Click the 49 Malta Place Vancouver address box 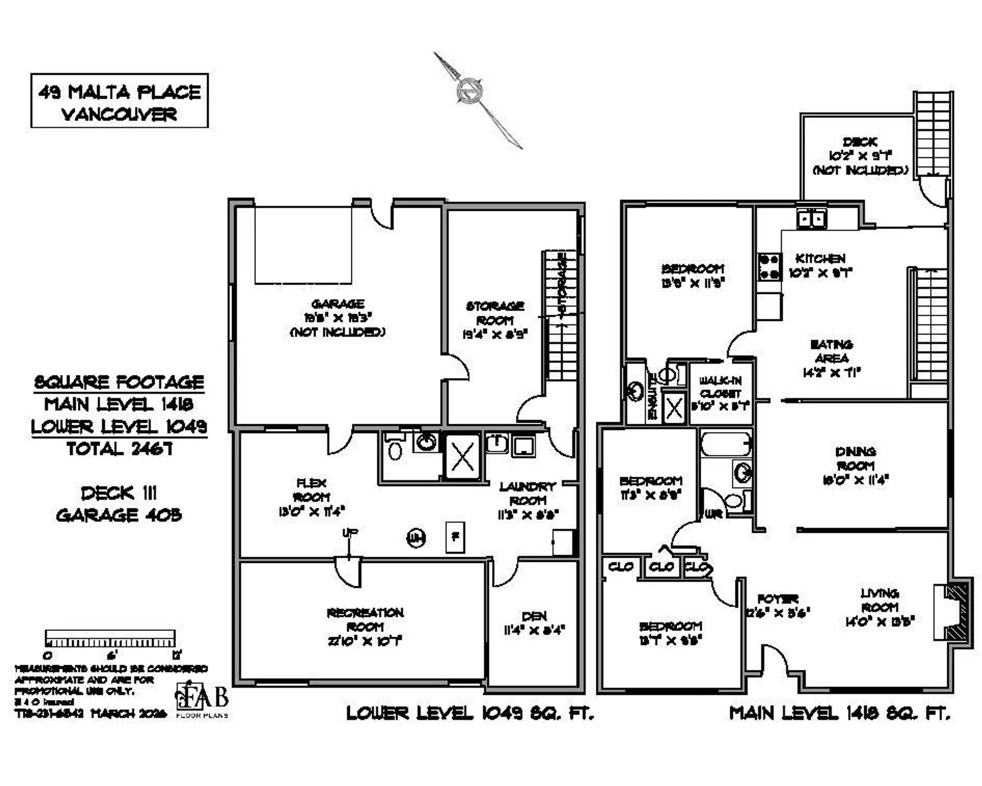pyautogui.click(x=119, y=100)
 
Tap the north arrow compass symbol pyautogui.click(x=470, y=92)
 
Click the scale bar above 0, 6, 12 pyautogui.click(x=110, y=639)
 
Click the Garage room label pyautogui.click(x=338, y=303)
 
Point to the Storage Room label pyautogui.click(x=495, y=313)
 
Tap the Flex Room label pyautogui.click(x=311, y=490)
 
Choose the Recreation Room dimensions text pyautogui.click(x=365, y=641)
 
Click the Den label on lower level pyautogui.click(x=534, y=616)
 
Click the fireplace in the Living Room pyautogui.click(x=952, y=612)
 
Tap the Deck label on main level pyautogui.click(x=860, y=142)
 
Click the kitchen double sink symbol pyautogui.click(x=811, y=219)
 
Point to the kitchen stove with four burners pyautogui.click(x=769, y=267)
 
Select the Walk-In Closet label pyautogui.click(x=720, y=387)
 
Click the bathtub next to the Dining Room pyautogui.click(x=725, y=444)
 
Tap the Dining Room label pyautogui.click(x=855, y=458)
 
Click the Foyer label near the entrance pyautogui.click(x=777, y=599)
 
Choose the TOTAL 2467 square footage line pyautogui.click(x=119, y=449)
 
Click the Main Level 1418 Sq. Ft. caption pyautogui.click(x=839, y=713)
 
